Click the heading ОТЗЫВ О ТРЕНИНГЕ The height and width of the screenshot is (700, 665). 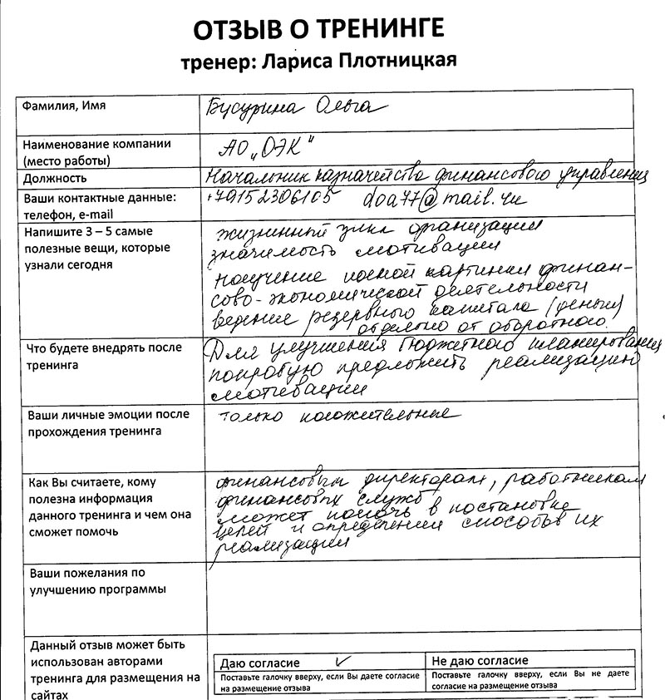click(318, 30)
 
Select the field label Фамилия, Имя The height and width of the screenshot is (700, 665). click(64, 106)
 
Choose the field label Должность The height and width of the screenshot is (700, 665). click(55, 178)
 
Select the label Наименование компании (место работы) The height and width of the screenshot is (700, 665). click(96, 151)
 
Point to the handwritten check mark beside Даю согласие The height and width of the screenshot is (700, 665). click(337, 662)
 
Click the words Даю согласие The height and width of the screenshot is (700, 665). click(259, 663)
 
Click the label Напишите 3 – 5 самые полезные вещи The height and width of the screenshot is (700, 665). click(97, 248)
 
